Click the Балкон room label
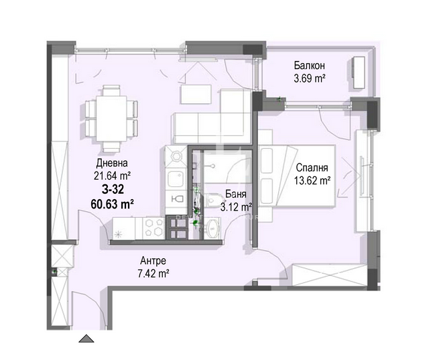310,66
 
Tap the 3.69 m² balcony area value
310,78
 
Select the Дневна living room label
112,163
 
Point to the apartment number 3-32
113,190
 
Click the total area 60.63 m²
112,204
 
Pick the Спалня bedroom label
312,168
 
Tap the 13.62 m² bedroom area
312,180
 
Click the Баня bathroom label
236,194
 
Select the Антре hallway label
153,261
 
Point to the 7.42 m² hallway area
153,274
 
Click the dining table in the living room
111,119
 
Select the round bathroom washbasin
212,227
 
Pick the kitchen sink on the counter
176,178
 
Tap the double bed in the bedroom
297,176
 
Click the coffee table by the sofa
196,94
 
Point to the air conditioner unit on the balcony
359,73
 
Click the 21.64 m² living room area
112,176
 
